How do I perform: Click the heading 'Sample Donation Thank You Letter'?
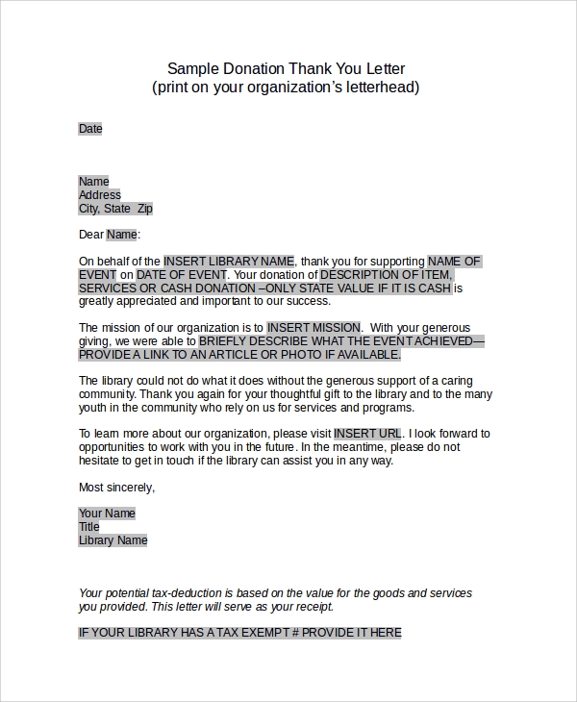point(286,68)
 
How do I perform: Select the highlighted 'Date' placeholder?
point(89,129)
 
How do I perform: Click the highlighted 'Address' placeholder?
point(99,195)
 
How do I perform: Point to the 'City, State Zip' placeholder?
point(115,209)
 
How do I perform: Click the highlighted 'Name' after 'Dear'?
point(121,235)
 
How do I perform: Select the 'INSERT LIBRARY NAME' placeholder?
point(228,261)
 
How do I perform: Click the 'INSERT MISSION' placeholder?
point(314,328)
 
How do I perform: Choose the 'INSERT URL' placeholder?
point(368,434)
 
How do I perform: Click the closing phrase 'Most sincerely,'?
point(116,488)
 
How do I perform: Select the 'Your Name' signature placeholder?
point(107,514)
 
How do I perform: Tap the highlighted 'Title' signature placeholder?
point(89,527)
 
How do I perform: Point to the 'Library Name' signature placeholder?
point(113,540)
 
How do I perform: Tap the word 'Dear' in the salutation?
point(90,235)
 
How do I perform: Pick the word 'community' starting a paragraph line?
point(107,394)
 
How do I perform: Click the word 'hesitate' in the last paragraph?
point(102,461)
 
